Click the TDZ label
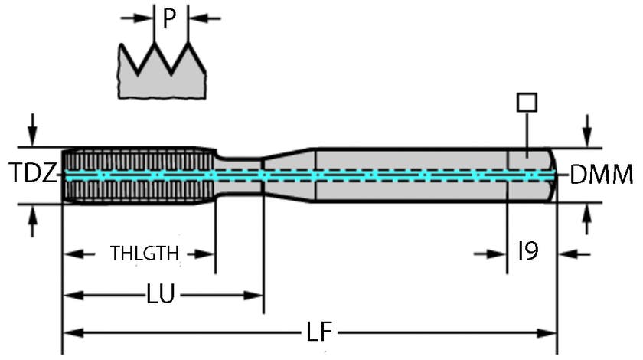(31, 175)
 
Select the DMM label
(602, 175)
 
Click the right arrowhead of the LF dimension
(548, 333)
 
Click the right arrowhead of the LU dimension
(255, 293)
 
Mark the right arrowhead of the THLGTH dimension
(207, 254)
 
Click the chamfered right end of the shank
(549, 175)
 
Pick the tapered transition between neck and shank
(289, 175)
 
